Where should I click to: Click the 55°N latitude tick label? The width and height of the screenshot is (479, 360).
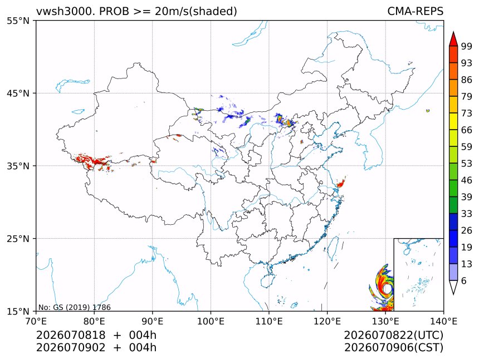[18, 21]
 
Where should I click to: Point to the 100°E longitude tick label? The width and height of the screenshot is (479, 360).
[211, 321]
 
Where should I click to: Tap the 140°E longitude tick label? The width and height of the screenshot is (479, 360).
[443, 321]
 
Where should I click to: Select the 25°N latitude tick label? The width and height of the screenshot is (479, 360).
[18, 239]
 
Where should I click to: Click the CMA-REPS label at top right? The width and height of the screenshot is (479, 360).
[415, 11]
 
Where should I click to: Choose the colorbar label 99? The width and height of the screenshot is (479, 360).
[467, 46]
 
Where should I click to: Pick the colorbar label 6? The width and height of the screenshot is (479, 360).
[464, 280]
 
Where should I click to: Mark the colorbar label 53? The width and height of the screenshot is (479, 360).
[467, 164]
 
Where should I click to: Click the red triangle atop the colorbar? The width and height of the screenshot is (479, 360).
[453, 39]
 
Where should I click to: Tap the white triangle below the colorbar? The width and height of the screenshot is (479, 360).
[453, 287]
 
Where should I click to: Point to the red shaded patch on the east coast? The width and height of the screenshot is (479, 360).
[341, 183]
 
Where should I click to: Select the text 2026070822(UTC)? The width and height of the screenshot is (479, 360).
[393, 335]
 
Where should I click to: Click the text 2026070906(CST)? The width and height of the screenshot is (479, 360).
[393, 348]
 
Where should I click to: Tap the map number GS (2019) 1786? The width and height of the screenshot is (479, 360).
[74, 307]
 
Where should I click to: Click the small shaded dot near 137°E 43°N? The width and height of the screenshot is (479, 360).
[428, 111]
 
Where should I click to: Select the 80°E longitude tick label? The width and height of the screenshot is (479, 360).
[94, 321]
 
